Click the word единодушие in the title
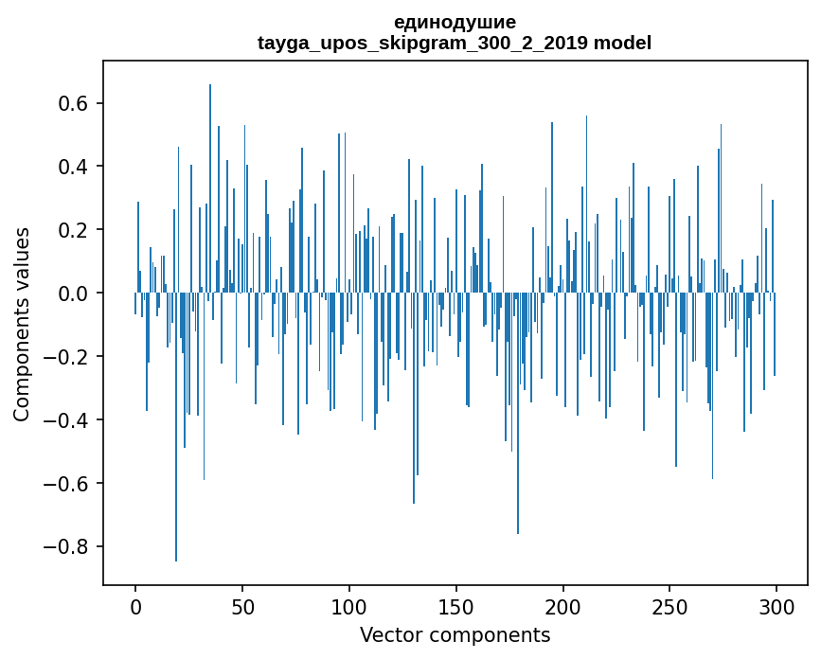455,23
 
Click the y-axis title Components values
22,324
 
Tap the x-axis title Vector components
455,635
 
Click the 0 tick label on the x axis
135,605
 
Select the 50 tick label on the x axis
242,605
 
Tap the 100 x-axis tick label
349,605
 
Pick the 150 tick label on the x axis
456,605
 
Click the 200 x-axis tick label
563,605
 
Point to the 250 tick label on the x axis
670,605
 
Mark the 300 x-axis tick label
777,605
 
